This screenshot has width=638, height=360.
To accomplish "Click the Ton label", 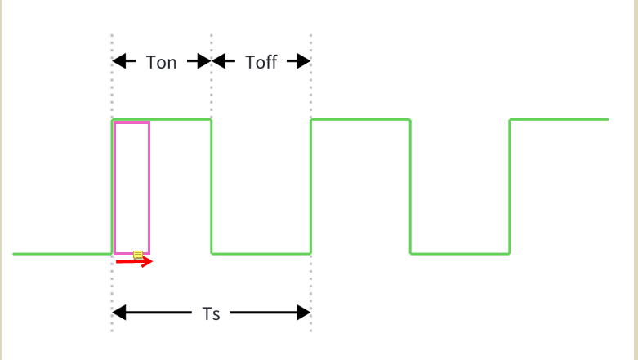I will [x=161, y=62].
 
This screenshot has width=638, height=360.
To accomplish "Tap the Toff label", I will [x=261, y=62].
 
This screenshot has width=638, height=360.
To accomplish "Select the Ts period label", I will [x=211, y=313].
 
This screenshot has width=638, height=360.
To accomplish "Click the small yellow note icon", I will [x=138, y=256].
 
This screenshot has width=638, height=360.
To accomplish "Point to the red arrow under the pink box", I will [x=134, y=262].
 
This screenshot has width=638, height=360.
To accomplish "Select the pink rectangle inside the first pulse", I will [x=132, y=188].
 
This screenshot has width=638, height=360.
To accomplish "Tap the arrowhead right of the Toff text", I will [x=301, y=61].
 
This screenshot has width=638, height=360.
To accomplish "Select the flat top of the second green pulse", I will [x=360, y=120].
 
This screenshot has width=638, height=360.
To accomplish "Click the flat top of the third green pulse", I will [x=560, y=120].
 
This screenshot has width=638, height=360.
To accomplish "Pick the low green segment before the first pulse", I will [x=62, y=254].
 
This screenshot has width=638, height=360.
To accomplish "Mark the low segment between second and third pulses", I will [x=460, y=254].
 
